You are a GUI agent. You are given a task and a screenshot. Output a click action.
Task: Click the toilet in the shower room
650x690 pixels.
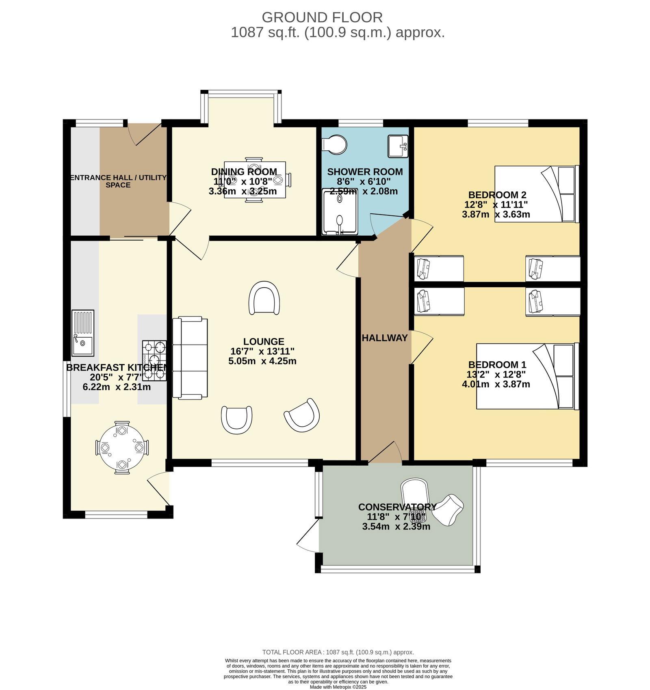334,145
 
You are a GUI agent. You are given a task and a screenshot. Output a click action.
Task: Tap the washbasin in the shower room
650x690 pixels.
398,146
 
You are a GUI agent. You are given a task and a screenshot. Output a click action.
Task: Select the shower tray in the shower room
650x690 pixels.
340,212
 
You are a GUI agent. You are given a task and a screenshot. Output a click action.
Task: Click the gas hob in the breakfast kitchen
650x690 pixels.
154,360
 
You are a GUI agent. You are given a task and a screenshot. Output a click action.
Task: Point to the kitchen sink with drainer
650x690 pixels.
83,333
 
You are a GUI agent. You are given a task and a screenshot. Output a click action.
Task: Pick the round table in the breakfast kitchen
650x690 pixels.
122,447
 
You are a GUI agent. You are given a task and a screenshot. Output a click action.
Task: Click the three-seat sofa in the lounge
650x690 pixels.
190,358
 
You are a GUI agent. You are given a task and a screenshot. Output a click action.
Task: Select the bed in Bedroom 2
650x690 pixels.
537,194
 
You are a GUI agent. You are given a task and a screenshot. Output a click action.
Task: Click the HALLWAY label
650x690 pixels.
384,338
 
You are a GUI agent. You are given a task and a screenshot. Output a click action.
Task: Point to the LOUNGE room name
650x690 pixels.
264,342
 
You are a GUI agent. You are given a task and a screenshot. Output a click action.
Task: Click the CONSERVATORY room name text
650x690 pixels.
397,507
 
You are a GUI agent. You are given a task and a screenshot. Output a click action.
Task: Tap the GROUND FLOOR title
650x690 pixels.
322,17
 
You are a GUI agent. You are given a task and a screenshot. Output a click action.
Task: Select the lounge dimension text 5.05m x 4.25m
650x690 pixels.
262,361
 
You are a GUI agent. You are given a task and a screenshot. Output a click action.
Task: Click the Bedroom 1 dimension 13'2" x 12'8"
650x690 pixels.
496,374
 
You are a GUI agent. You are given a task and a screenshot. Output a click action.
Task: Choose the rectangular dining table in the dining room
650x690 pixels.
255,180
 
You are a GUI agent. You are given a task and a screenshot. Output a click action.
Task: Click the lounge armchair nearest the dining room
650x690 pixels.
264,298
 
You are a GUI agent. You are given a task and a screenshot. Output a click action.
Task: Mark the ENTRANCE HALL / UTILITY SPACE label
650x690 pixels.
118,181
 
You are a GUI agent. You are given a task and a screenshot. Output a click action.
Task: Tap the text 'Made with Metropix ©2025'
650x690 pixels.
338,687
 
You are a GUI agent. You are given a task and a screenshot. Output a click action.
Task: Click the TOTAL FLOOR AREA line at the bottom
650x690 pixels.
338,652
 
